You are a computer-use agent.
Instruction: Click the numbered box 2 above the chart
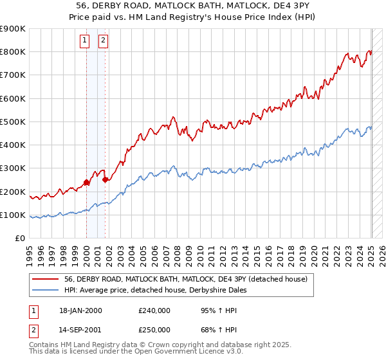point(103,40)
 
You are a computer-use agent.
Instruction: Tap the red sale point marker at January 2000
point(86,183)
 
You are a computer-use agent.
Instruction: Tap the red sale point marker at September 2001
point(105,180)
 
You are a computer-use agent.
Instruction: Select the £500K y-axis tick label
point(13,122)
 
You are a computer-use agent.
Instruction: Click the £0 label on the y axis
point(19,238)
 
